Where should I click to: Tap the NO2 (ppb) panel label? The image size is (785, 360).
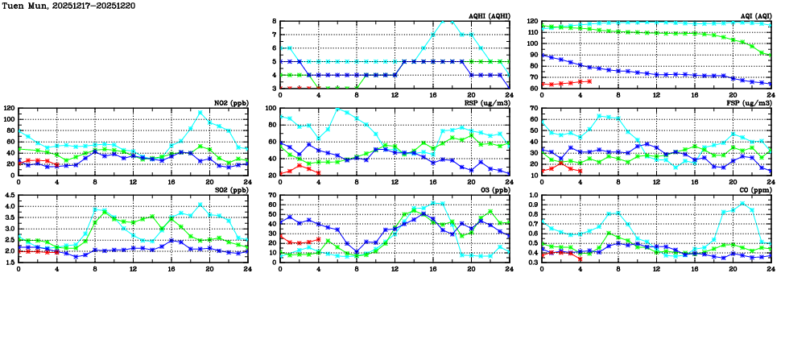(x=229, y=102)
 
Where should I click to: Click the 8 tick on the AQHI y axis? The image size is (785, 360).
(x=274, y=21)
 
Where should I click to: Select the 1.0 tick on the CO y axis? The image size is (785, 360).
(x=531, y=195)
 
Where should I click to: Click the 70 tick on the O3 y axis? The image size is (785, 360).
(x=271, y=195)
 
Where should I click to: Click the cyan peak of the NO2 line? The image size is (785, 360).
(x=200, y=113)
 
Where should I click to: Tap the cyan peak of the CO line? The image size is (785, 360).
(x=742, y=202)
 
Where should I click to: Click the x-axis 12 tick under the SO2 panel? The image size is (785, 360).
(x=133, y=268)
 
